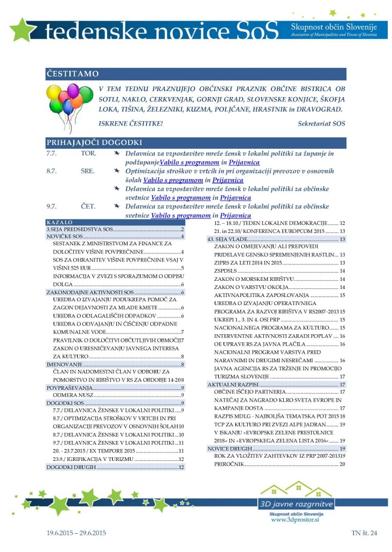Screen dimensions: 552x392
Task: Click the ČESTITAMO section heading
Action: [x=72, y=74]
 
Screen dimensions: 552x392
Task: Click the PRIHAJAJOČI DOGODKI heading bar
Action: [x=94, y=143]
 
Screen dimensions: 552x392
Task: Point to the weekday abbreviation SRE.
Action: [x=88, y=171]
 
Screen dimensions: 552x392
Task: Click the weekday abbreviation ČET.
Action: [x=88, y=206]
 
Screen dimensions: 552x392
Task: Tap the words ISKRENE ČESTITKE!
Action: [x=131, y=123]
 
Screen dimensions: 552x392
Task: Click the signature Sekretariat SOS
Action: [x=321, y=123]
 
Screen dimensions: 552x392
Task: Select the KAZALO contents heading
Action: [x=60, y=222]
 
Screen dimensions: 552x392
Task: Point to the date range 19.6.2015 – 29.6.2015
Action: [x=76, y=533]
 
